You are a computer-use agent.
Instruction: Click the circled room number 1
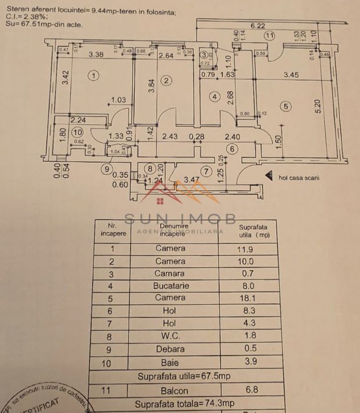pos(95,75)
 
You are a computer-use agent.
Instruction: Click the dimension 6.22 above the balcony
pos(257,25)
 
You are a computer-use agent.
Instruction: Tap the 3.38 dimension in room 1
pos(96,55)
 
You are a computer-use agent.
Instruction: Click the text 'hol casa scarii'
pos(299,178)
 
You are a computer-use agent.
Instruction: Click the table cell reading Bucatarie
pos(170,286)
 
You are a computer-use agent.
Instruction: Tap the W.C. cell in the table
pos(170,336)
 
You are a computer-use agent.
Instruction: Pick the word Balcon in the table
pos(170,390)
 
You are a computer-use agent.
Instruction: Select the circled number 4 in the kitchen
pos(214,97)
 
